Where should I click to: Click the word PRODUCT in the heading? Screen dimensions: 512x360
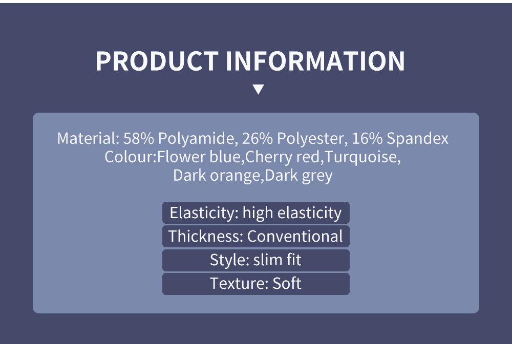point(157,61)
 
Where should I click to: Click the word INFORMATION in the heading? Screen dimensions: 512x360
point(315,61)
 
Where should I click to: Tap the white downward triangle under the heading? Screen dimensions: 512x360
point(258,89)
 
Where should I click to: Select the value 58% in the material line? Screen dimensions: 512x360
point(138,138)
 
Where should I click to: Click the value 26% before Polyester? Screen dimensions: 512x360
point(258,138)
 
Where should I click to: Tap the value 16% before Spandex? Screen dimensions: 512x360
point(367,138)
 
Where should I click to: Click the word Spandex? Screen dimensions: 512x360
point(418,138)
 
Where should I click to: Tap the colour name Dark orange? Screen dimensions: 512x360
point(217,176)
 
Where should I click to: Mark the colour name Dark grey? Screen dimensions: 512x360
point(299,176)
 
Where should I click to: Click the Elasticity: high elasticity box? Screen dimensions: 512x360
point(256,213)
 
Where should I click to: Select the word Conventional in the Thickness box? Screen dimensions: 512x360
point(295,236)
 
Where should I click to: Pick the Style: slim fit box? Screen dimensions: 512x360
point(256,260)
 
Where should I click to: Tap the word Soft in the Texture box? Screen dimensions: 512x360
point(287,283)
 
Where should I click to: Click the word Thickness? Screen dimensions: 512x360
point(206,236)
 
